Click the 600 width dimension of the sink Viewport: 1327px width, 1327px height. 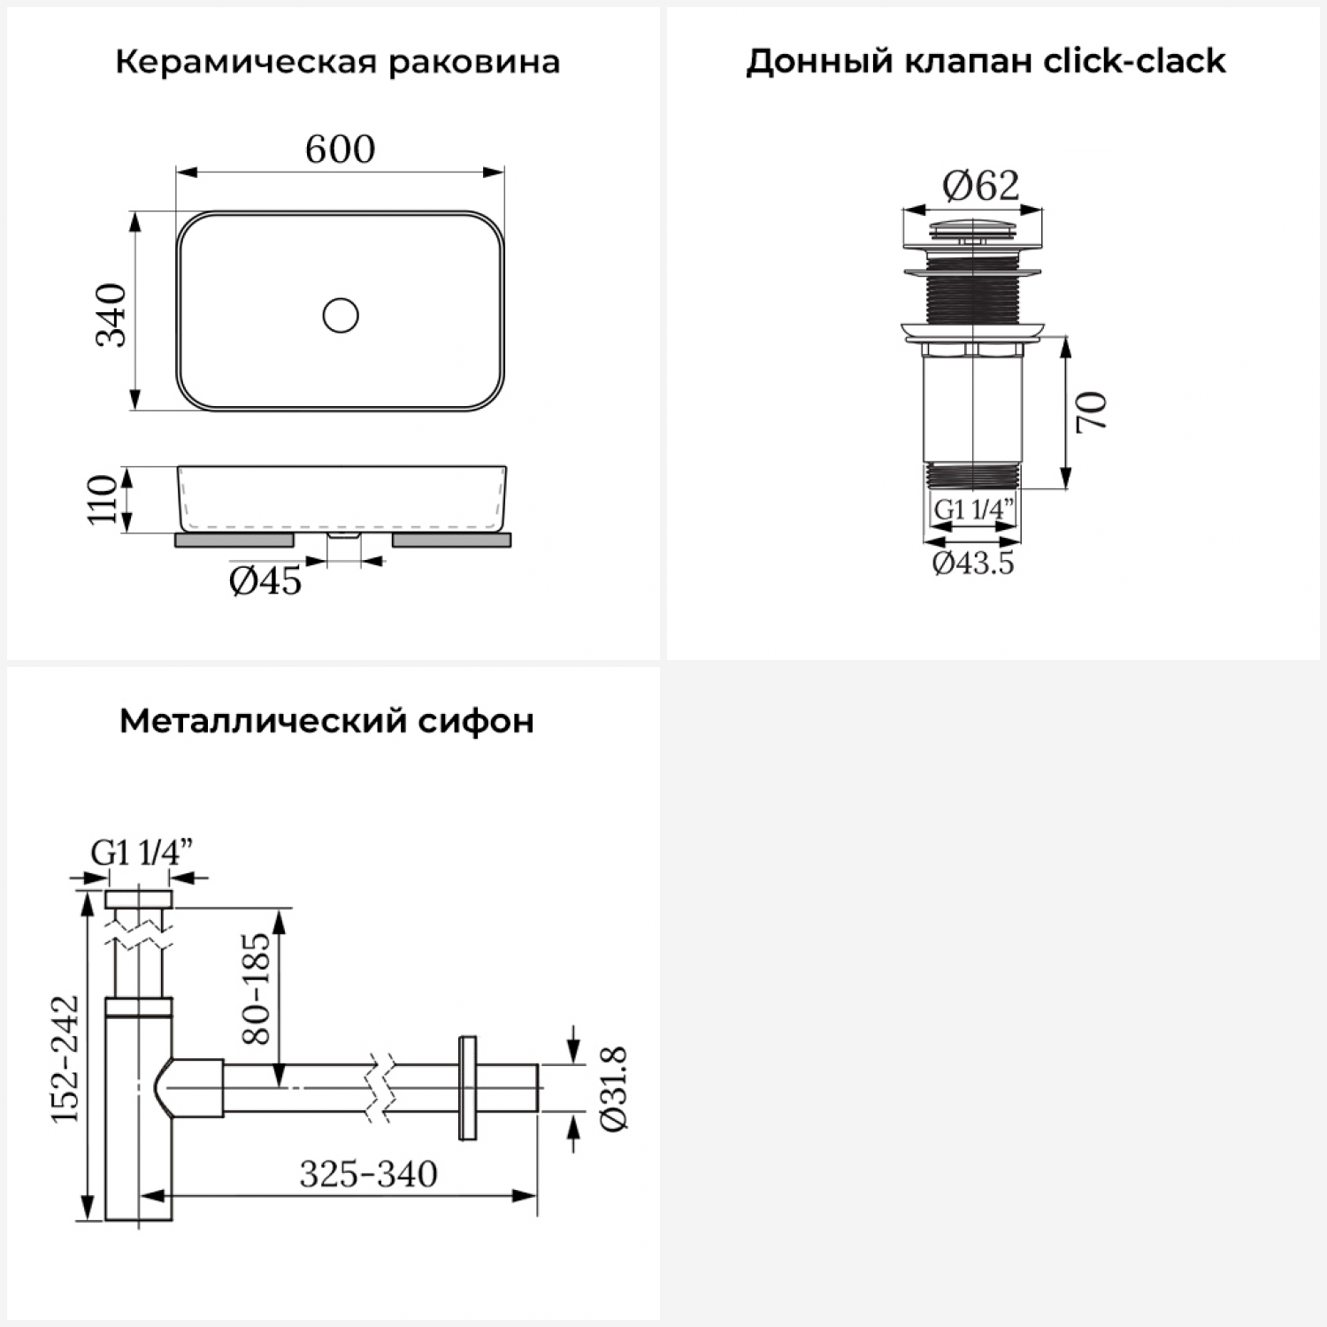click(x=340, y=149)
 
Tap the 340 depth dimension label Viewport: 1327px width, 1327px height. click(x=112, y=314)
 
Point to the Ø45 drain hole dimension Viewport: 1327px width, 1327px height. click(x=265, y=580)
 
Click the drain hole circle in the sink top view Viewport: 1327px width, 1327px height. click(x=341, y=315)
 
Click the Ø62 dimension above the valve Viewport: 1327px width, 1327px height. click(x=980, y=185)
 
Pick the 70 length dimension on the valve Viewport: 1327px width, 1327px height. click(x=1092, y=410)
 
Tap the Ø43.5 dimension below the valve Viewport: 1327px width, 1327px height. click(x=973, y=563)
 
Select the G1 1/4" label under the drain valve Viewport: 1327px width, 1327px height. click(x=974, y=510)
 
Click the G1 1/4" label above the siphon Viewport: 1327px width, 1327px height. click(x=142, y=852)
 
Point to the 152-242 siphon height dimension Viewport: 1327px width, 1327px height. click(x=65, y=1059)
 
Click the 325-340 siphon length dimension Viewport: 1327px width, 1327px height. click(x=368, y=1174)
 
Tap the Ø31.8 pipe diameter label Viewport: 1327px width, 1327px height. click(x=613, y=1088)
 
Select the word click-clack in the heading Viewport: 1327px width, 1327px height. click(x=1135, y=61)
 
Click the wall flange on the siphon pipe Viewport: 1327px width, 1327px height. click(x=468, y=1087)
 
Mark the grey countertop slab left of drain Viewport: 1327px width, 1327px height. click(x=234, y=540)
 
